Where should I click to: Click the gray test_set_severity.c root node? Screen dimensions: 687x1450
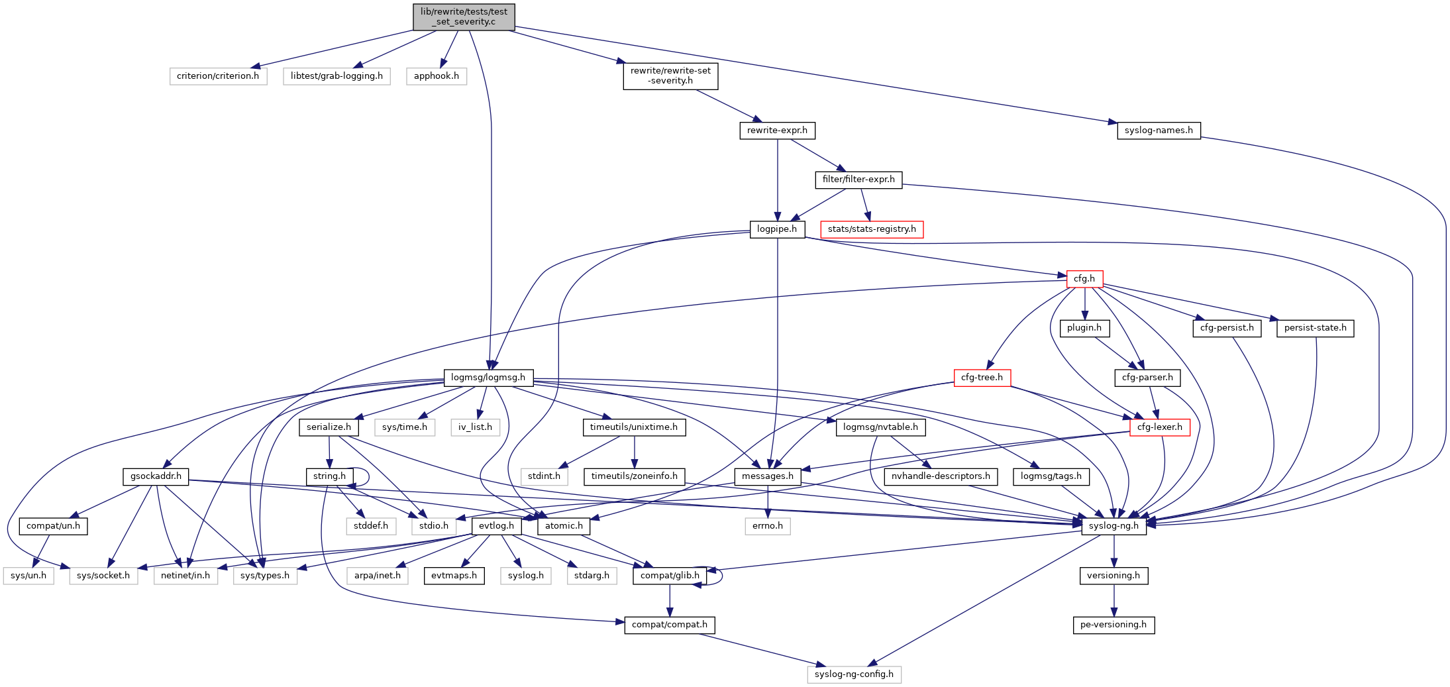pos(464,17)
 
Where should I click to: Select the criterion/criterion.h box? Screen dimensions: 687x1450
pos(218,76)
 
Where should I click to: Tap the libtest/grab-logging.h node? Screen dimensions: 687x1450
pos(337,76)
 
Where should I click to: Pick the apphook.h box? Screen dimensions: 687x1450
pos(436,76)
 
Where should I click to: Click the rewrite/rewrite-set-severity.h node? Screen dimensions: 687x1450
pos(670,76)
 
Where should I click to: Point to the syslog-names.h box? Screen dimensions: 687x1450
pos(1159,131)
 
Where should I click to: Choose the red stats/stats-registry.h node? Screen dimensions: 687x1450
pos(872,229)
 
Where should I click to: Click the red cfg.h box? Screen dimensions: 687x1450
pos(1084,279)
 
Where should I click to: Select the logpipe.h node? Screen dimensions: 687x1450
pos(777,229)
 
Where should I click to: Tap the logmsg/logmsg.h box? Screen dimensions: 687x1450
pos(488,378)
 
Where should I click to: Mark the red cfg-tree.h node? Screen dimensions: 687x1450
pos(982,378)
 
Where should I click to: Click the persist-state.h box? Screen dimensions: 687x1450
pos(1315,328)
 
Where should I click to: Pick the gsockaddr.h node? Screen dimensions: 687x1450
pos(156,476)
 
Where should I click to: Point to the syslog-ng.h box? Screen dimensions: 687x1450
pos(1113,526)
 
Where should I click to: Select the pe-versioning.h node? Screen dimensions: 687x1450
pos(1113,625)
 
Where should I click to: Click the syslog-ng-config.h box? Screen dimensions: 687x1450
pos(854,674)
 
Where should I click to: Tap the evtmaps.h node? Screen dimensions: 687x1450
pos(454,576)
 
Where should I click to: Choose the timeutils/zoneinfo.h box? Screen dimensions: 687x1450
pos(634,476)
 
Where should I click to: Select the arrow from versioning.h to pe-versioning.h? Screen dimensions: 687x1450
pos(1113,600)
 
